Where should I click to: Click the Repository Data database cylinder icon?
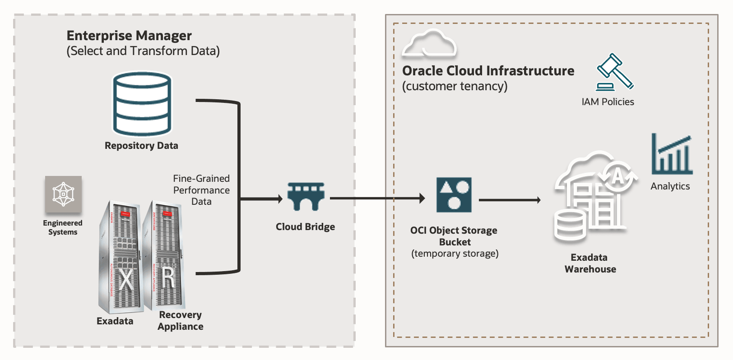tap(142, 104)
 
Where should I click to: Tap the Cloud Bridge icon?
tap(306, 197)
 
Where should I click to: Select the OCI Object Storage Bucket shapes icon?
tap(454, 195)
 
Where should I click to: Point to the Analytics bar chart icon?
tap(672, 154)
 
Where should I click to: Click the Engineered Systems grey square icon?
tap(63, 194)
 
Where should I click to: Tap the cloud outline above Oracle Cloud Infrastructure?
tap(429, 44)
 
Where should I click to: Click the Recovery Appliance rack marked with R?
tap(164, 255)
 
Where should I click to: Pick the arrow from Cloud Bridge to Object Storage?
tap(377, 198)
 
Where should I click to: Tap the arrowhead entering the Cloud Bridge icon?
tap(279, 198)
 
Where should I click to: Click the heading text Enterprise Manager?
tap(129, 36)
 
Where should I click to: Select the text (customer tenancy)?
tap(455, 86)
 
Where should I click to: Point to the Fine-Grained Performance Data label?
tap(201, 190)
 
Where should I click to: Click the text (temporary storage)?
tap(455, 254)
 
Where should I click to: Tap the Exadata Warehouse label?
tap(590, 263)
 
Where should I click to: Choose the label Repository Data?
tap(141, 146)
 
